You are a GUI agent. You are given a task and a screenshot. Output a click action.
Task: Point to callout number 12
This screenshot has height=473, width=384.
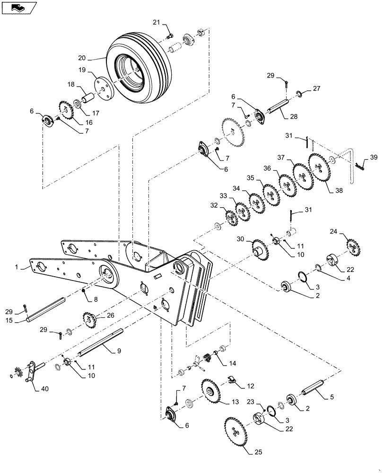[250, 386]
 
